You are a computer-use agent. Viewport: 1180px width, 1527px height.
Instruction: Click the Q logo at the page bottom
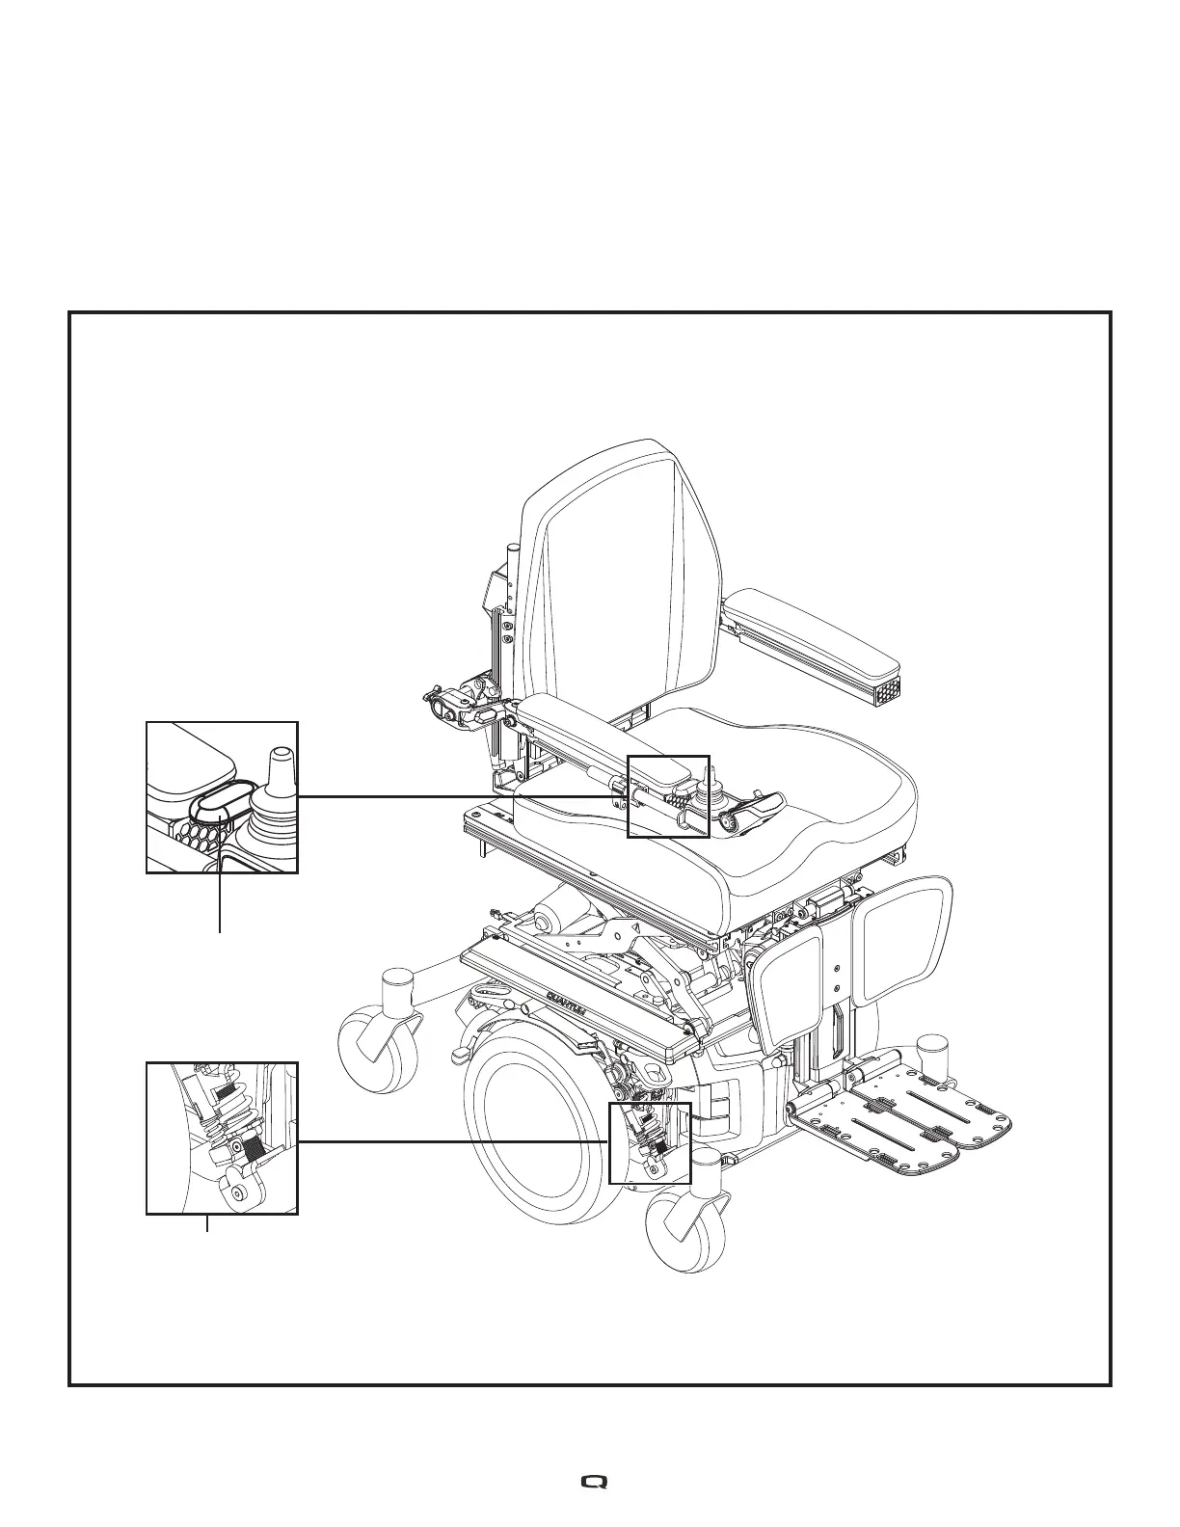[590, 1481]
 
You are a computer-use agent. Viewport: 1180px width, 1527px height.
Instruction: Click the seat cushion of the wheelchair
[733, 810]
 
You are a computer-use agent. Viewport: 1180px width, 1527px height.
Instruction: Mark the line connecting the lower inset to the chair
[453, 1141]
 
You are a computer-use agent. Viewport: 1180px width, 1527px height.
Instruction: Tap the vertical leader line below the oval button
[221, 887]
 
